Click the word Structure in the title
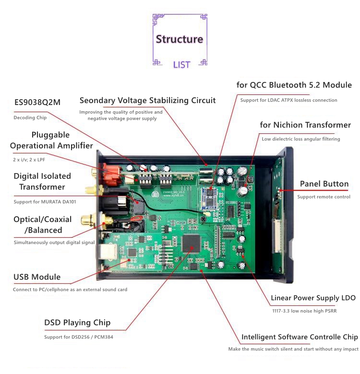[x=180, y=39]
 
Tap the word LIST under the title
[x=181, y=65]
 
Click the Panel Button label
[x=324, y=184]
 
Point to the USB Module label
[x=37, y=277]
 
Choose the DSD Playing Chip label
[x=77, y=323]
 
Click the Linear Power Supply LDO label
[x=313, y=298]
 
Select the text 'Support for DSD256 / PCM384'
[x=79, y=337]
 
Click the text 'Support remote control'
[x=324, y=197]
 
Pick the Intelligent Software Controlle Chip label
[x=300, y=337]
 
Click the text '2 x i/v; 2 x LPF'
[x=33, y=158]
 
